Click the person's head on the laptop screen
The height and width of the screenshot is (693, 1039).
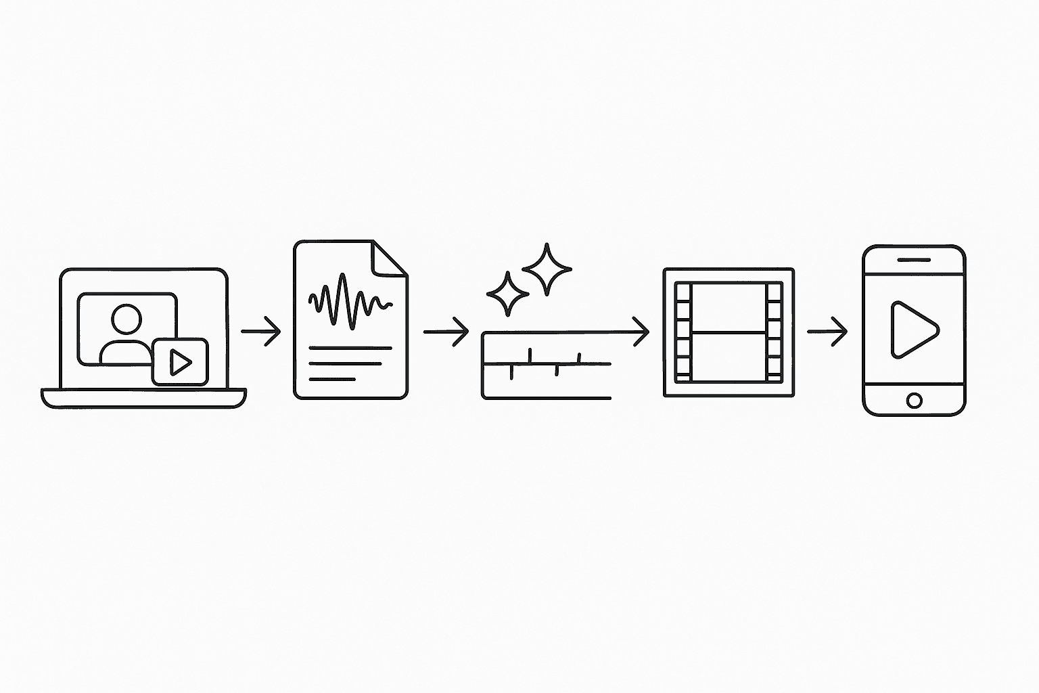[x=126, y=319]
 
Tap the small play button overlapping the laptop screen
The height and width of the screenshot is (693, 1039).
[x=180, y=362]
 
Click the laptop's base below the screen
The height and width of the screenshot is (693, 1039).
[x=143, y=398]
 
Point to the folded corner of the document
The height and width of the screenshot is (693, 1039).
[x=388, y=259]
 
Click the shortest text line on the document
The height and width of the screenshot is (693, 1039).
[x=332, y=379]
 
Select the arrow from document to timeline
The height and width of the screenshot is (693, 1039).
[x=446, y=331]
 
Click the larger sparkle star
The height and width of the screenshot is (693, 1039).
[x=547, y=269]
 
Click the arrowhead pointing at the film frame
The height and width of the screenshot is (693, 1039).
[x=642, y=331]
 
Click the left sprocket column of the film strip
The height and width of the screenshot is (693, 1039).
[x=683, y=332]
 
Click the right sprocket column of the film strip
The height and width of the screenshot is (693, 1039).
[x=773, y=332]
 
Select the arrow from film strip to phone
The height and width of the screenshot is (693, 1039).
[x=827, y=331]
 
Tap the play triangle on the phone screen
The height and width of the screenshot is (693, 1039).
[x=912, y=330]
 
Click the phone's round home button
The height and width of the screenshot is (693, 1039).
[x=914, y=400]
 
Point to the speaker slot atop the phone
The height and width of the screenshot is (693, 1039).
[x=914, y=260]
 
